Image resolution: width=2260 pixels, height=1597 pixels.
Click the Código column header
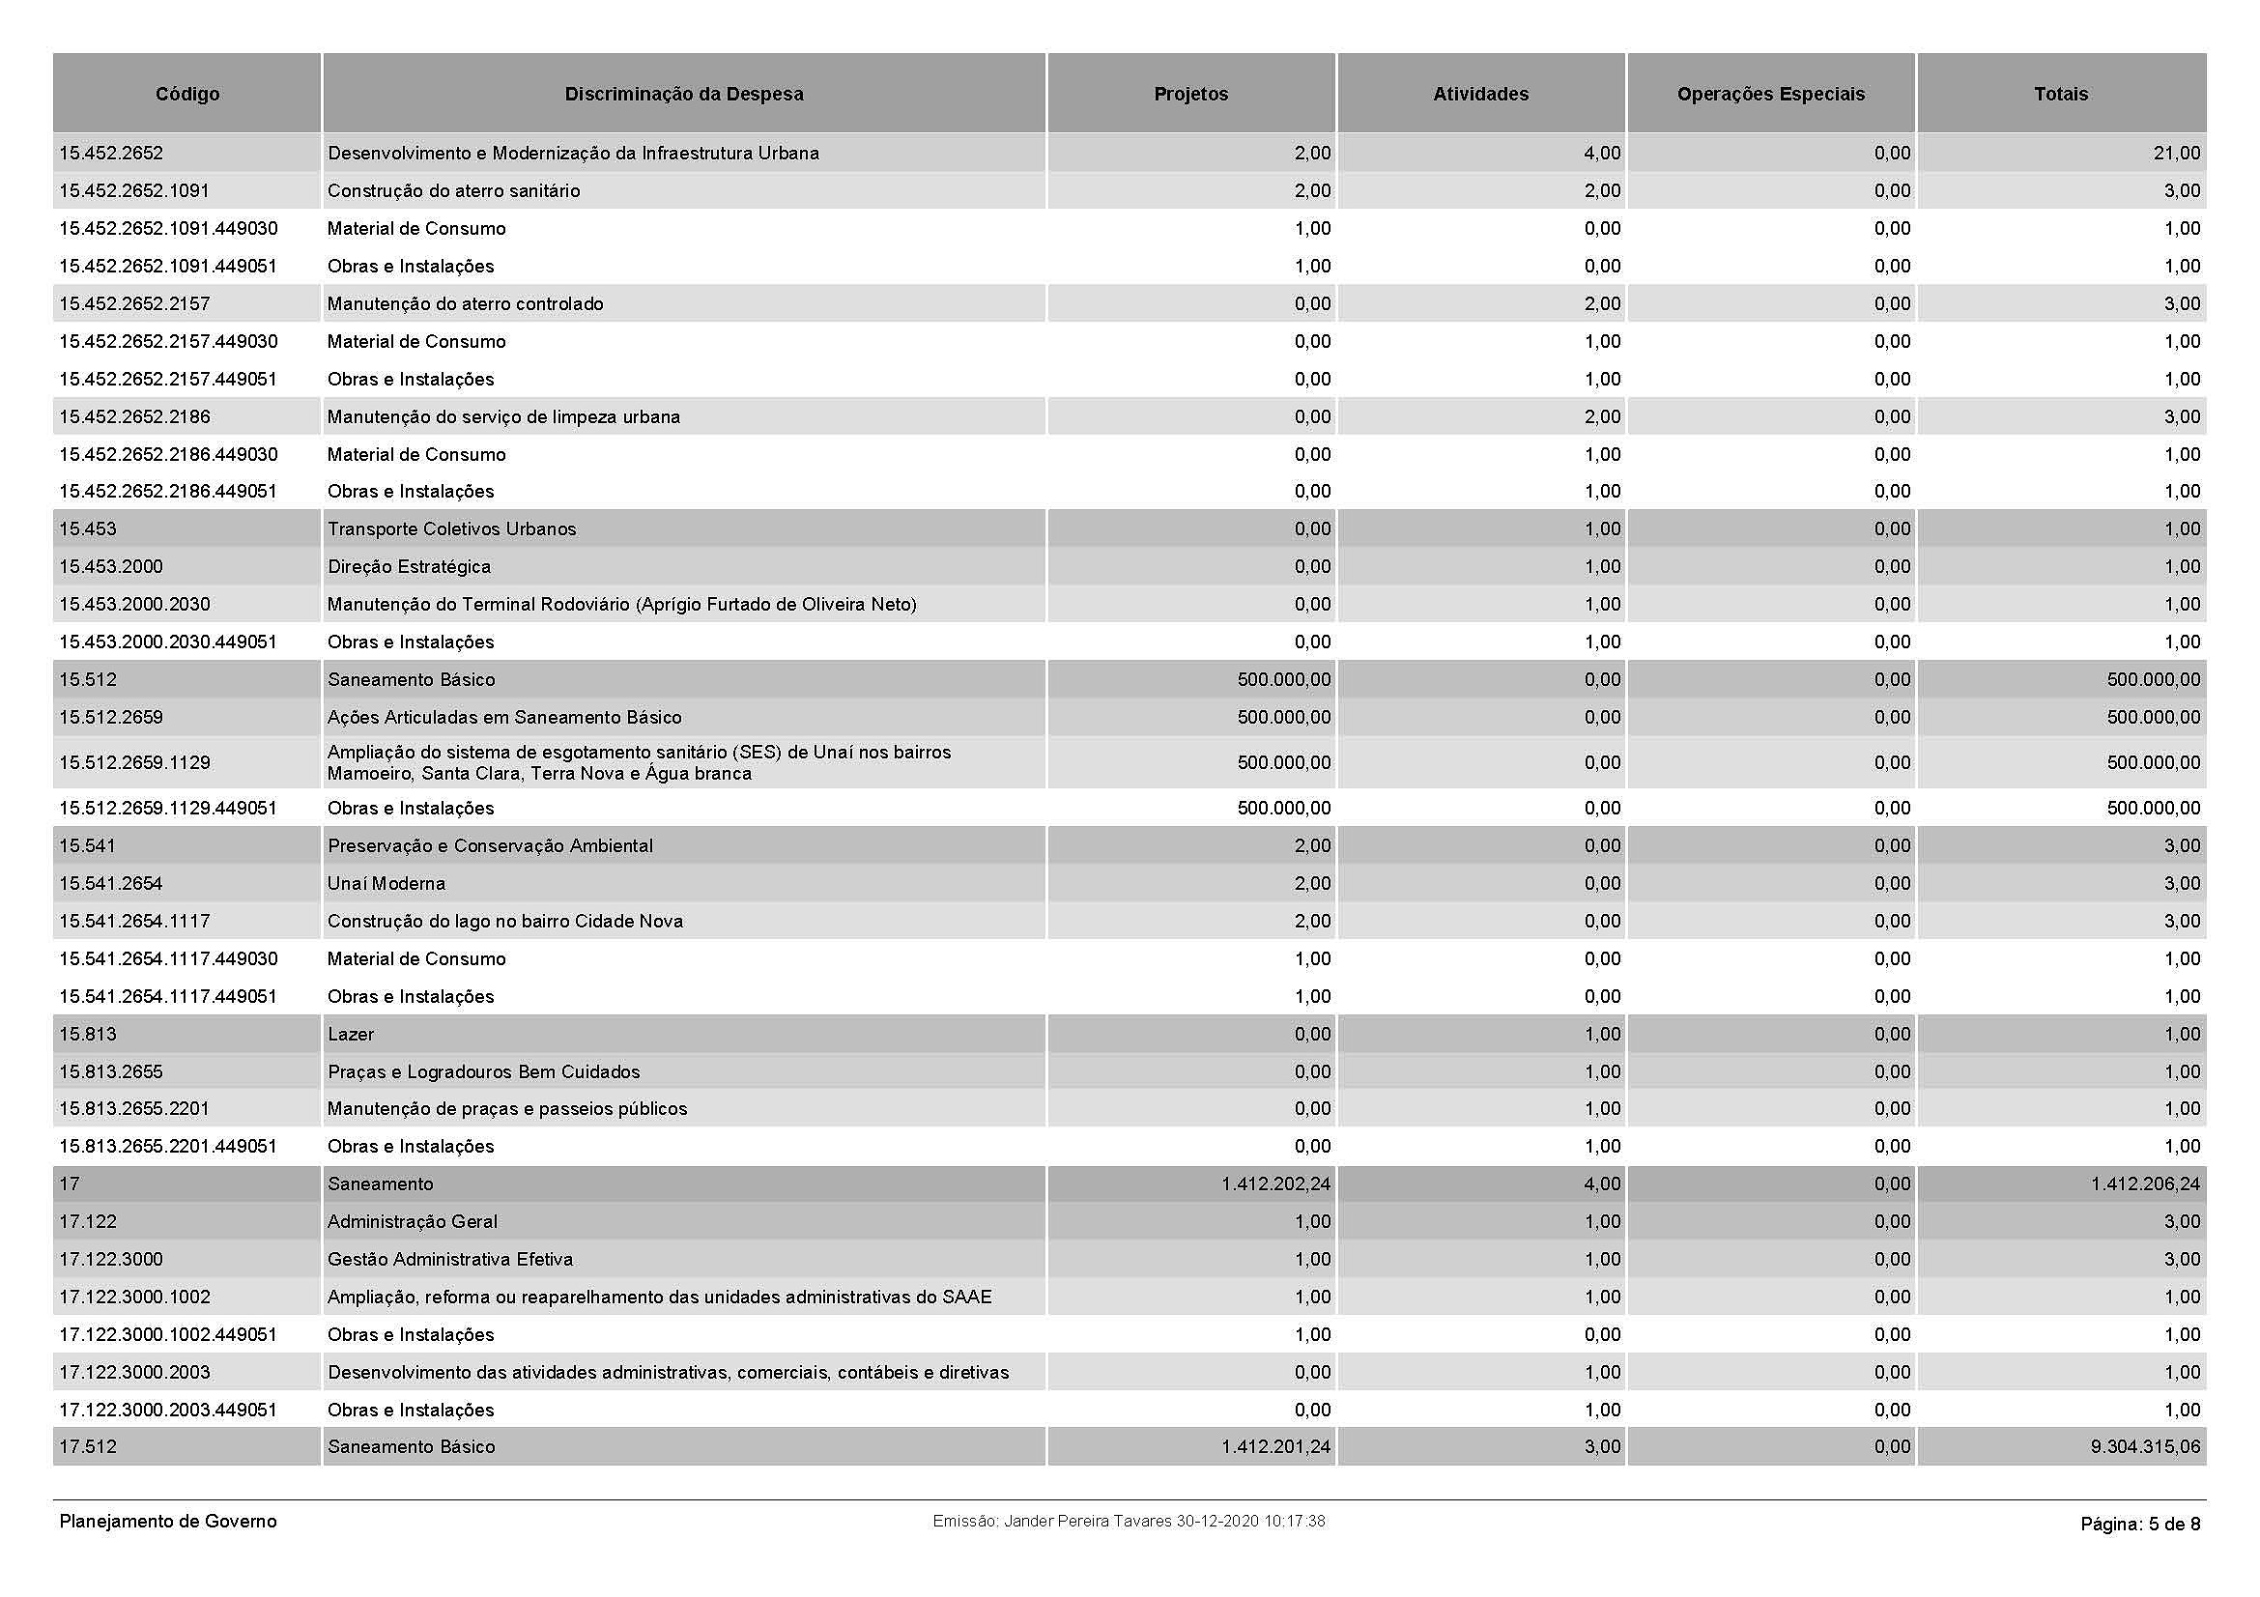coord(187,95)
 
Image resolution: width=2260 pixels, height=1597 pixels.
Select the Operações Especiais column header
coord(1770,95)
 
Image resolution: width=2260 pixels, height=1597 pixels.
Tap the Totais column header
coord(2060,95)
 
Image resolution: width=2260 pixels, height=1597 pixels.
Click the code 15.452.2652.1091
coord(134,191)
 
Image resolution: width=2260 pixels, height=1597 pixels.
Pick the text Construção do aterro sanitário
coord(453,191)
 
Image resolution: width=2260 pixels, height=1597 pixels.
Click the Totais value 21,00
coord(2176,154)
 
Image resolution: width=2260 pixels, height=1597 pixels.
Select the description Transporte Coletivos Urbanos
coord(451,529)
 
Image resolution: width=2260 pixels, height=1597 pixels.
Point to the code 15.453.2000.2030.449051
coord(168,642)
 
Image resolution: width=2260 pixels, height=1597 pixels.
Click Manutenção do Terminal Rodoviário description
coord(621,605)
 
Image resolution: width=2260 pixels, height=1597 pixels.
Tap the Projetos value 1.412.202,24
coord(1275,1184)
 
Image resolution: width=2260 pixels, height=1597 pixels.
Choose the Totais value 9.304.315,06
coord(2145,1447)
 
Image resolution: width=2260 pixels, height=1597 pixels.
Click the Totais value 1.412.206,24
coord(2145,1184)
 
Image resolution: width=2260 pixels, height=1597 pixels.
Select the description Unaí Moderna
coord(386,884)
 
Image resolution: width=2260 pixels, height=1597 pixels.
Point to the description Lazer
coord(351,1034)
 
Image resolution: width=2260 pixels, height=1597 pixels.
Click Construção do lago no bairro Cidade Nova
coord(505,922)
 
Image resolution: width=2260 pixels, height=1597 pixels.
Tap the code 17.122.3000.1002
coord(135,1298)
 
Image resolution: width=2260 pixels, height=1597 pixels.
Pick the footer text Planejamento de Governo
coord(168,1523)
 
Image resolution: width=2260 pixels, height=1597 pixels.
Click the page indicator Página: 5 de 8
coord(2140,1525)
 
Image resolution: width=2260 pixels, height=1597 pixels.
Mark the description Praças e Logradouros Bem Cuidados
coord(483,1072)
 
